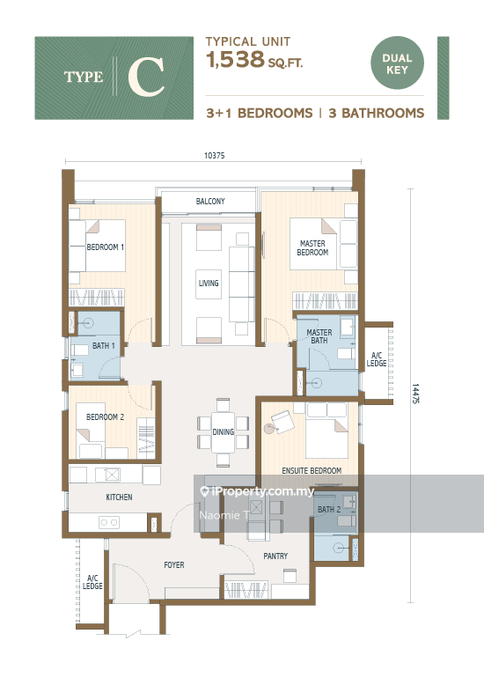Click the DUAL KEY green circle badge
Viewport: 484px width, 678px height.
[x=397, y=63]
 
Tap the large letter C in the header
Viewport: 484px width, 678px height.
[x=146, y=77]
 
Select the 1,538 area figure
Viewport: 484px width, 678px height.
[x=236, y=59]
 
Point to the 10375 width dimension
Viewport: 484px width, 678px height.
[x=215, y=156]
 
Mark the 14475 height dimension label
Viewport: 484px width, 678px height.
[x=415, y=394]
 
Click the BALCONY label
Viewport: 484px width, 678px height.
[x=210, y=201]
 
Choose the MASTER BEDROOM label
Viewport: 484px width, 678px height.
[x=312, y=247]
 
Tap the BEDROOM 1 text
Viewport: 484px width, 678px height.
[x=106, y=247]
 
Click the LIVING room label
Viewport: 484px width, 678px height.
[x=209, y=284]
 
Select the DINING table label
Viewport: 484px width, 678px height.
[x=223, y=431]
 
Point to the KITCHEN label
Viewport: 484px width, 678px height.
[x=120, y=497]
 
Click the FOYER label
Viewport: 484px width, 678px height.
[x=174, y=564]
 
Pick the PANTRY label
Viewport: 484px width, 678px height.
[x=275, y=556]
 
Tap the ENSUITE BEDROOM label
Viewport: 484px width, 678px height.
[x=312, y=470]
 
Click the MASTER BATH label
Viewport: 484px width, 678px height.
[x=319, y=336]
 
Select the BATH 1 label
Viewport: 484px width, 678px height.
[x=104, y=346]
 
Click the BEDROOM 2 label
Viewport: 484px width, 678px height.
[x=105, y=416]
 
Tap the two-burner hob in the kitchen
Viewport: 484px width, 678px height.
[x=109, y=522]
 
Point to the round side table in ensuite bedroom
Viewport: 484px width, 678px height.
[x=269, y=429]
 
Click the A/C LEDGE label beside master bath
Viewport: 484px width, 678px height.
[x=377, y=360]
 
